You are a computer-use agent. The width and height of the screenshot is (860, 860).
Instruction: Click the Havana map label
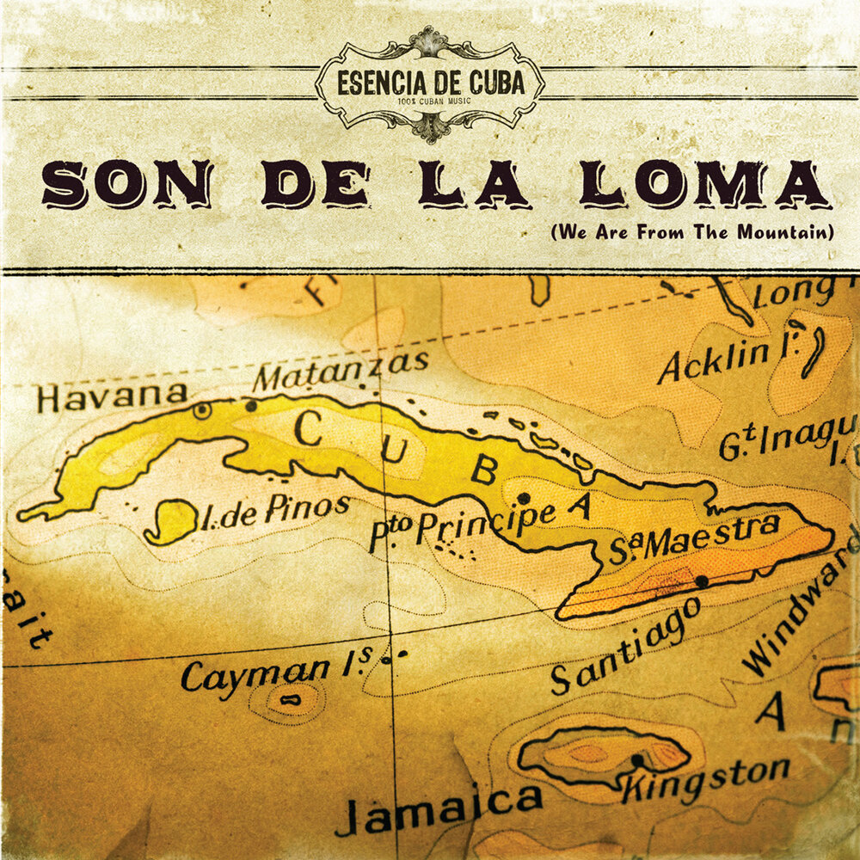[x=112, y=397]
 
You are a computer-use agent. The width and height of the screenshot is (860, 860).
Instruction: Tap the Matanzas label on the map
[x=343, y=372]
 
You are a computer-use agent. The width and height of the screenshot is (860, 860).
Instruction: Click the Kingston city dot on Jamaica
[x=637, y=760]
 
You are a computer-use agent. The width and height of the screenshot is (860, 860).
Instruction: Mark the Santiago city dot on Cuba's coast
[x=702, y=582]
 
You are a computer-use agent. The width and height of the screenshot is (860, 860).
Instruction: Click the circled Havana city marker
[x=201, y=411]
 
